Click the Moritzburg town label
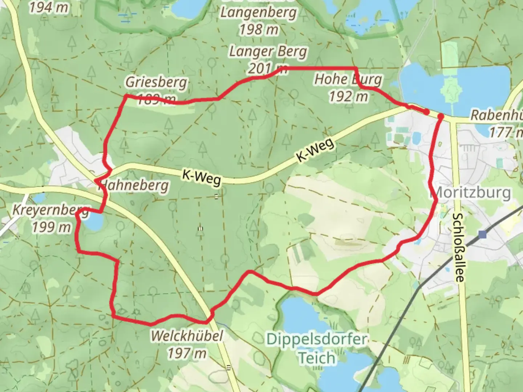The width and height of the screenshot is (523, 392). coord(472,192)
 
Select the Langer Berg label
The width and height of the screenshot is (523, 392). coord(268,52)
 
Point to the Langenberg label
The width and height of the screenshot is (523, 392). coord(258,13)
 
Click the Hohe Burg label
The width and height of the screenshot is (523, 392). coord(348,79)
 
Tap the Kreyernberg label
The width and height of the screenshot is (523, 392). coord(50,210)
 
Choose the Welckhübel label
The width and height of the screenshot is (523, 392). coord(187,336)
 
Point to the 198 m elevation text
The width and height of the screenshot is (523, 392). coord(258,30)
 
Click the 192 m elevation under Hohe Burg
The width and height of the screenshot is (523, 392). coord(348,97)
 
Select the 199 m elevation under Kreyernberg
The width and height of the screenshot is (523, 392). coord(51,227)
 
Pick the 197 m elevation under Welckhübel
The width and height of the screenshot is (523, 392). coord(187,353)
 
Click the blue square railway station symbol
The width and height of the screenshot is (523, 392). coord(482,234)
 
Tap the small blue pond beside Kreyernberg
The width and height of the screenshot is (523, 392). coord(92,221)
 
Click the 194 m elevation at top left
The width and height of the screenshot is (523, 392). coord(49,7)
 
